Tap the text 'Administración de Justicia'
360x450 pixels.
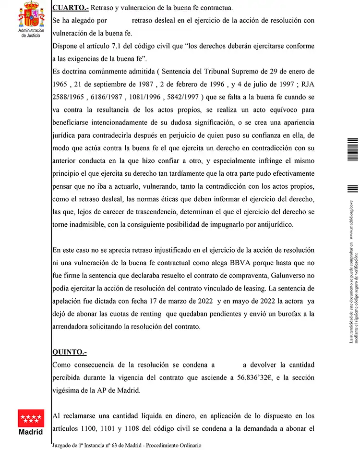pyautogui.click(x=31, y=33)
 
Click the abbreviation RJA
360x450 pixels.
pyautogui.click(x=306, y=84)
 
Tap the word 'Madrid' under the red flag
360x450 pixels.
pyautogui.click(x=31, y=431)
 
